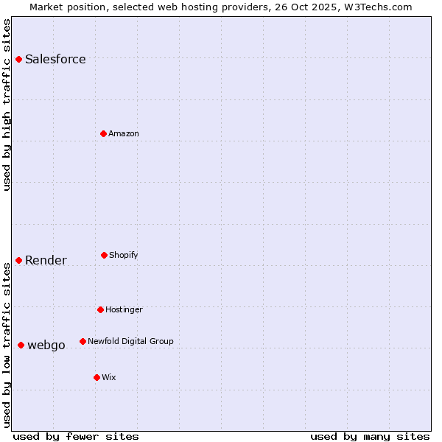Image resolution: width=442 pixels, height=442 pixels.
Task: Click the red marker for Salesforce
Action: [18, 59]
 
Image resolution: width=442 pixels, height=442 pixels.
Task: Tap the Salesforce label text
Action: [55, 60]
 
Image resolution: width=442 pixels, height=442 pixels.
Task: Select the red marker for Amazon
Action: [103, 133]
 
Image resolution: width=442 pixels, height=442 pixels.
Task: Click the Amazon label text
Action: [124, 134]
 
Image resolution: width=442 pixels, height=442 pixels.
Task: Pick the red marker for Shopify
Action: [104, 255]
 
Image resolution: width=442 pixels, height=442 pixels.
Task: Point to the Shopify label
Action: [124, 256]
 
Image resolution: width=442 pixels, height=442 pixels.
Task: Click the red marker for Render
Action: [18, 260]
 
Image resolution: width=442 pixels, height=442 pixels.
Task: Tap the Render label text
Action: [46, 261]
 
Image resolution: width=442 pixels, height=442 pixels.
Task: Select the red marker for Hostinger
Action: [100, 309]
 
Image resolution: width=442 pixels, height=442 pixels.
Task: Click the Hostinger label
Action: [124, 310]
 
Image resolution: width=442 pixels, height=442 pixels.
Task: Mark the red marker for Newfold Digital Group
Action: [83, 341]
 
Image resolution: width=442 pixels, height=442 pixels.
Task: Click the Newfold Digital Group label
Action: [130, 342]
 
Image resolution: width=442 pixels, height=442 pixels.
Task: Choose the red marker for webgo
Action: [21, 345]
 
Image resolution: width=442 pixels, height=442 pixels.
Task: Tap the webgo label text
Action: [46, 345]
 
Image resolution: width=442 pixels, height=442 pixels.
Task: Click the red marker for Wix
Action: [97, 377]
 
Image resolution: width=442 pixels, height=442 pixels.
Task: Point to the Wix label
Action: [109, 378]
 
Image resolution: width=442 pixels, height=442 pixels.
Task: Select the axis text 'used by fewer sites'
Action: [76, 436]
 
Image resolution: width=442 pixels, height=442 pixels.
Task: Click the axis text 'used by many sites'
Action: [370, 436]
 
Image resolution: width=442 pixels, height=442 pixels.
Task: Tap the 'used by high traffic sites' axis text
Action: [7, 105]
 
